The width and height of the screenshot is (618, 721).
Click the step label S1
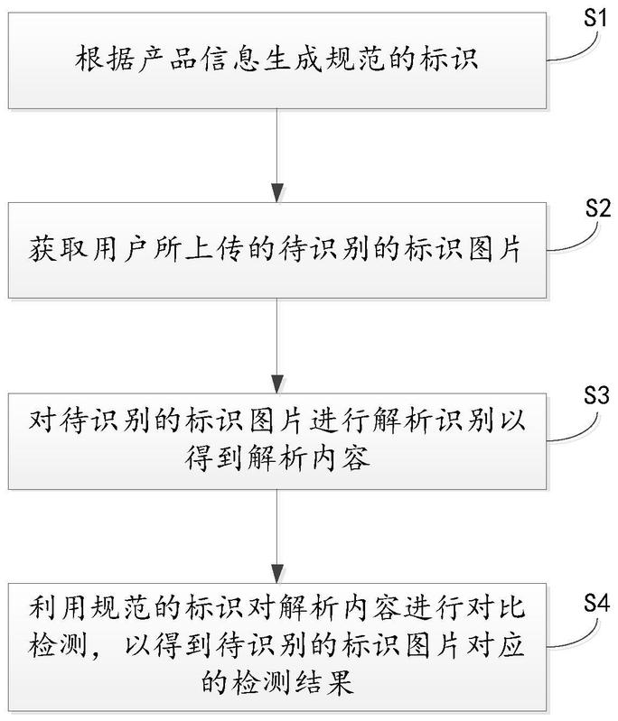pyautogui.click(x=596, y=18)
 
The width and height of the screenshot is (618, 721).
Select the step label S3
pyautogui.click(x=596, y=395)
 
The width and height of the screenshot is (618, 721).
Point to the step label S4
pyautogui.click(x=596, y=603)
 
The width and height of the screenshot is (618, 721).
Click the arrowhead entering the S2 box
pyautogui.click(x=276, y=193)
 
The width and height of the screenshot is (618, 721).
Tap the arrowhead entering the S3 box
pyautogui.click(x=276, y=384)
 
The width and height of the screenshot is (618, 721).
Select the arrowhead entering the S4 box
pyautogui.click(x=276, y=574)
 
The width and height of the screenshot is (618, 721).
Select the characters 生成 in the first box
pyautogui.click(x=293, y=59)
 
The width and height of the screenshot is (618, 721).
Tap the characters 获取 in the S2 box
pyautogui.click(x=58, y=249)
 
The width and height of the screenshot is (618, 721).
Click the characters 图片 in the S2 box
pyautogui.click(x=495, y=249)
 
